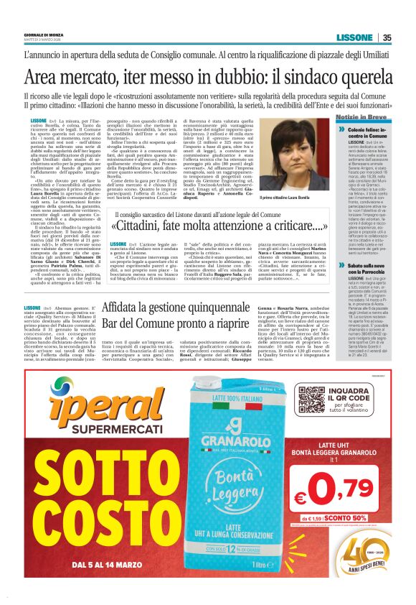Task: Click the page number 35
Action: [x=387, y=38]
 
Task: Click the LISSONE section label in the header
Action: [x=354, y=38]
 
